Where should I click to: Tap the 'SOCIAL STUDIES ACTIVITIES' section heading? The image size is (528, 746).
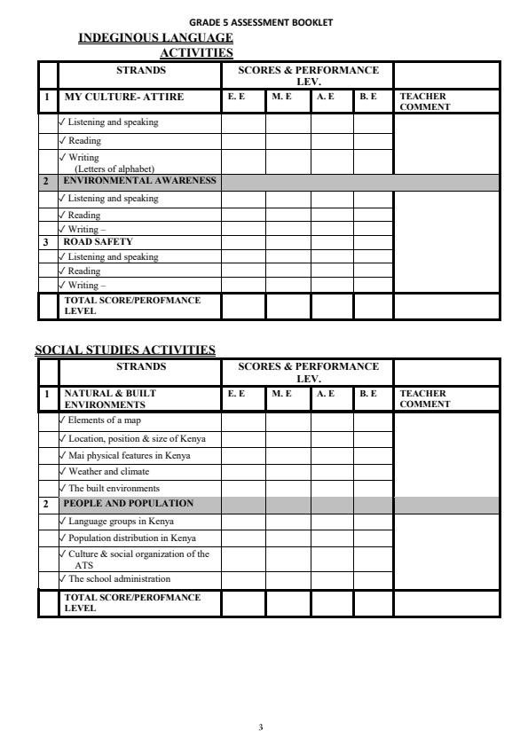pos(125,349)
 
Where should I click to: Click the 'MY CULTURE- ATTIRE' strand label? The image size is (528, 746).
pos(123,97)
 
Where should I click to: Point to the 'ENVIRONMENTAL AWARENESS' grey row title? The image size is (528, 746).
pos(139,180)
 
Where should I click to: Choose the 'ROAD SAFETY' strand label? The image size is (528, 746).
pos(98,241)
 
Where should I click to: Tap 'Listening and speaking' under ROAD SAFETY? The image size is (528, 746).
pos(113,257)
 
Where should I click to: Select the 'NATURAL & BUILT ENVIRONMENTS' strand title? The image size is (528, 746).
pos(110,397)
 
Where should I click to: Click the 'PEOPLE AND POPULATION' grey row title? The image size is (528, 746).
pos(128,503)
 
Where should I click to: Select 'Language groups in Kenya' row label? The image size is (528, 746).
pos(121,522)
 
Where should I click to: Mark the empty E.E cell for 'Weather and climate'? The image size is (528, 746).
pos(243,472)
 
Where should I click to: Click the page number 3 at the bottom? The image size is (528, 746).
pos(260,727)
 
